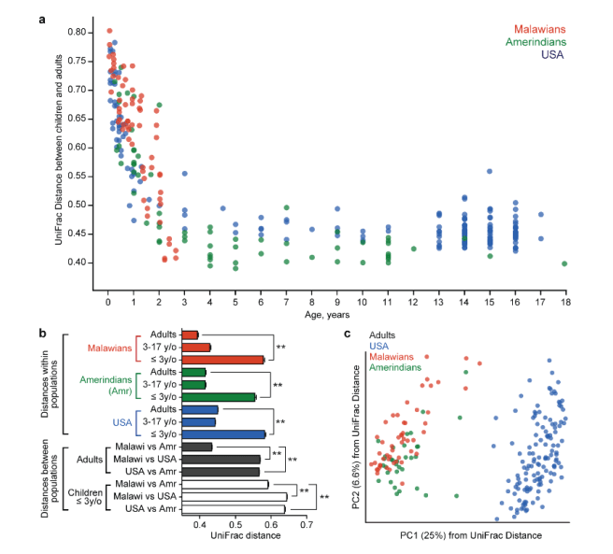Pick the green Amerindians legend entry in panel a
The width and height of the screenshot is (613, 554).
point(535,42)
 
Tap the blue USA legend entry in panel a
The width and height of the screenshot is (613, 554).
point(555,55)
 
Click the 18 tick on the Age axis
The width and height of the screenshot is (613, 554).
point(564,304)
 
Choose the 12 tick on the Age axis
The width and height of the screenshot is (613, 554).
point(413,304)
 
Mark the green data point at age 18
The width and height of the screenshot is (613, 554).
point(564,264)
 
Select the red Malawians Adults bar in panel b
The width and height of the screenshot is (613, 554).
point(191,334)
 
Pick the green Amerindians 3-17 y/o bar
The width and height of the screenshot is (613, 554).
point(194,384)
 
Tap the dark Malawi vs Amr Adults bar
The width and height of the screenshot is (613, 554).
point(198,447)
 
